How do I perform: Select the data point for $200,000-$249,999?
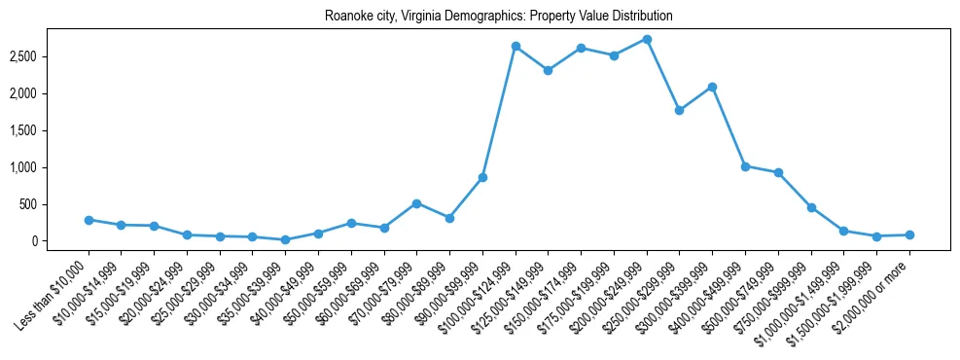coord(647,39)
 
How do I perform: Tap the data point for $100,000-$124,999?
coord(516,46)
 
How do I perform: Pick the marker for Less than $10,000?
coord(89,220)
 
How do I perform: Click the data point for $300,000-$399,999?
coord(712,87)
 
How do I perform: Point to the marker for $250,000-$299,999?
coord(679,110)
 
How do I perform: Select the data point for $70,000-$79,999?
coord(416,203)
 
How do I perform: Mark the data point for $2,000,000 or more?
coord(909,234)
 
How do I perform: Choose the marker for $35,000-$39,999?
coord(285,239)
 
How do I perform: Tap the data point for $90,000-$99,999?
coord(482,177)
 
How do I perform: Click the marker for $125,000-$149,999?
coord(549,70)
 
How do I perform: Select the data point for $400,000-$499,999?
coord(745,166)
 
